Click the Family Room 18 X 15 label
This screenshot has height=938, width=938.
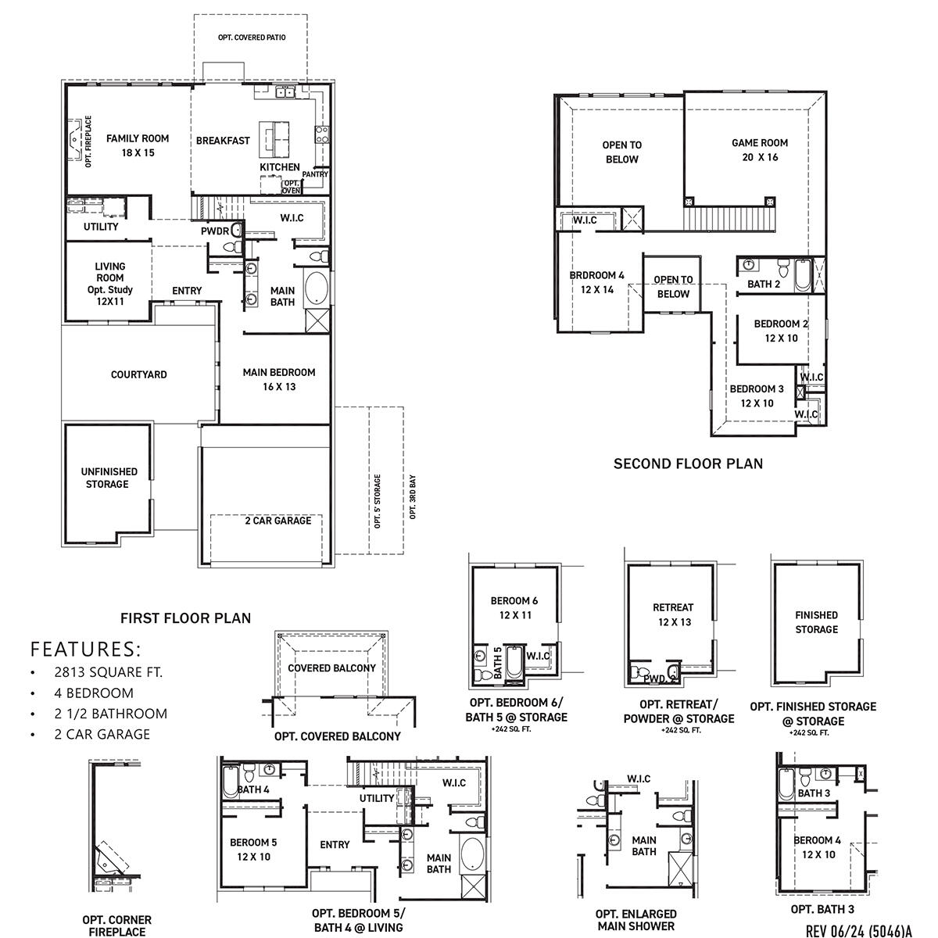138,145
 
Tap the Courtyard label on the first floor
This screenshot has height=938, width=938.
138,374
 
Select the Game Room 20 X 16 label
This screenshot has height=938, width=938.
759,149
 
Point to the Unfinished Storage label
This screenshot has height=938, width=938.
109,478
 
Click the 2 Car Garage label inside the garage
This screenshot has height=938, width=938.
277,521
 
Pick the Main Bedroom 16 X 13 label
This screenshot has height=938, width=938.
279,379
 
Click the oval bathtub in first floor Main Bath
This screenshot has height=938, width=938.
316,288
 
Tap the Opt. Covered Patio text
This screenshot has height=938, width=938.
245,38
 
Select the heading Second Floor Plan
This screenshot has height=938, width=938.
688,464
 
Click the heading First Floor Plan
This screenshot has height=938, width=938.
185,618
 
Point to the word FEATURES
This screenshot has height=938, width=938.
86,649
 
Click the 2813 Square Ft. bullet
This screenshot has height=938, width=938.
108,672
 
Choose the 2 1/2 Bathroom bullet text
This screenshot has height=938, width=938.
110,714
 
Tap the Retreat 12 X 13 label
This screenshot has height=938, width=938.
673,614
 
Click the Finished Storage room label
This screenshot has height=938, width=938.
816,622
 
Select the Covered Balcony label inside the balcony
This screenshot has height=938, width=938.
331,668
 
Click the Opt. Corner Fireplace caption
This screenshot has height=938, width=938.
116,925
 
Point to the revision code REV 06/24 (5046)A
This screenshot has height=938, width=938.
858,930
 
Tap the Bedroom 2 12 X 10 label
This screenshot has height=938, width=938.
781,331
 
